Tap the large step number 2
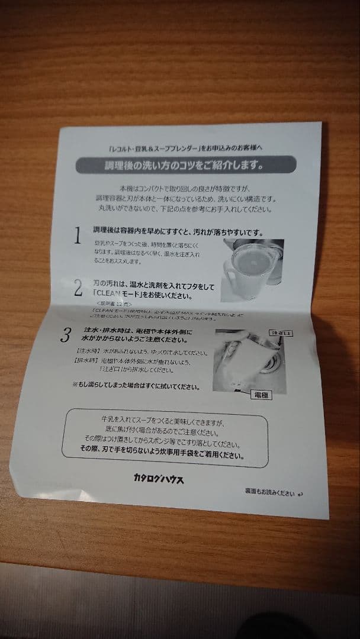tap(78, 288)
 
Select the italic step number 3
tap(67, 335)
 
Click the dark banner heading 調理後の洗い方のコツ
tap(186, 164)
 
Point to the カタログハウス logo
tap(158, 479)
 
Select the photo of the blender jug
tap(253, 262)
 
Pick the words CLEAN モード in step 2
tap(118, 294)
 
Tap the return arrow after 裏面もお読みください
tap(301, 493)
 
